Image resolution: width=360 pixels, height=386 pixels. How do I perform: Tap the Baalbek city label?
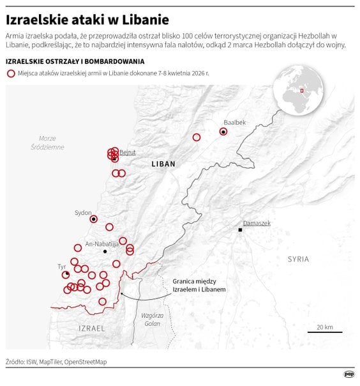pyautogui.click(x=234, y=121)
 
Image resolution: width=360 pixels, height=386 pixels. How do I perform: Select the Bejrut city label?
pyautogui.click(x=128, y=152)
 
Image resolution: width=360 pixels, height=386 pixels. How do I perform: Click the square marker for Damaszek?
pyautogui.click(x=241, y=229)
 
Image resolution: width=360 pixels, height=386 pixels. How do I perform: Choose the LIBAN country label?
pyautogui.click(x=163, y=164)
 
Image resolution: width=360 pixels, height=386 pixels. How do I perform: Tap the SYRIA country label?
pyautogui.click(x=298, y=259)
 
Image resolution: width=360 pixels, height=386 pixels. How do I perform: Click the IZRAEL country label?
pyautogui.click(x=91, y=328)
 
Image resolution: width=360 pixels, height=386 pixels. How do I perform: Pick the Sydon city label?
pyautogui.click(x=83, y=213)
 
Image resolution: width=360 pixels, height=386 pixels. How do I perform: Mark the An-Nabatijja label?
pyautogui.click(x=102, y=243)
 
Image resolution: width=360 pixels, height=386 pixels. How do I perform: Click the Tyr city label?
pyautogui.click(x=62, y=266)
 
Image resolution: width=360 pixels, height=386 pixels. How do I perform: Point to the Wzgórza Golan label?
pyautogui.click(x=153, y=320)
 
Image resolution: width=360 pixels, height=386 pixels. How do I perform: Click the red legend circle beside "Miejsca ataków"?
pyautogui.click(x=11, y=73)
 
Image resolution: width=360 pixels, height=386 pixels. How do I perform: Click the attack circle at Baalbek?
pyautogui.click(x=223, y=132)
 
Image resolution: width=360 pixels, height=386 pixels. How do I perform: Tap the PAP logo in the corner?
pyautogui.click(x=349, y=375)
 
